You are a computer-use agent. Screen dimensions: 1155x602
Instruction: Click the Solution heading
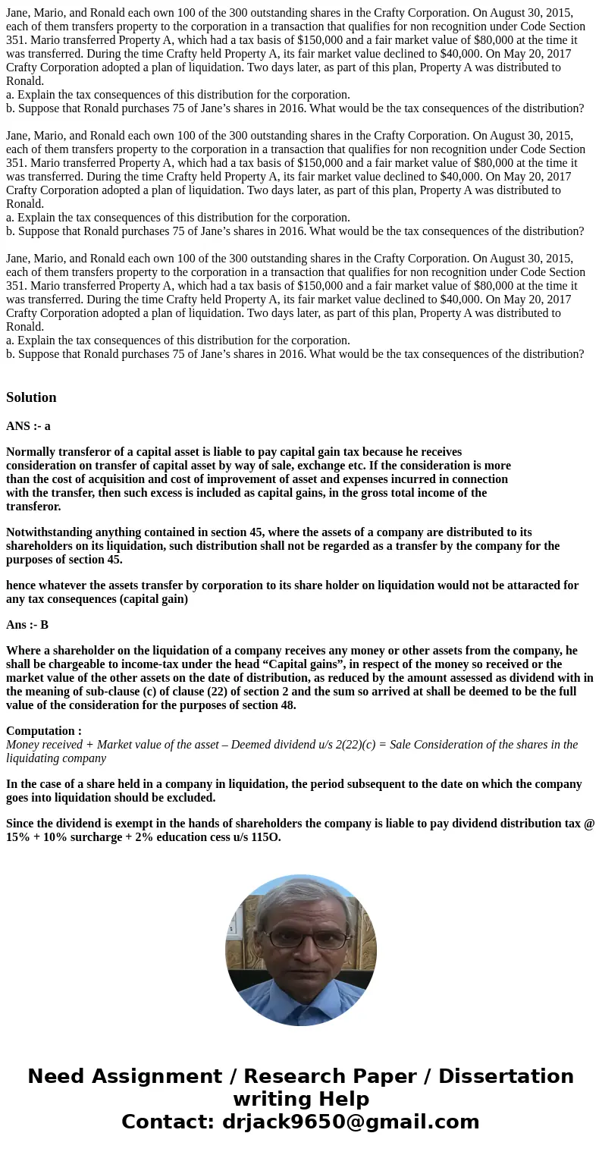(31, 397)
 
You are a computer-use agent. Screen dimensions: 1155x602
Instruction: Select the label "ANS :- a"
(28, 426)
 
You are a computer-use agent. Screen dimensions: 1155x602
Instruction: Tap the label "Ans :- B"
(27, 625)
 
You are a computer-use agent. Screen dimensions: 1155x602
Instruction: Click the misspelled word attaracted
(531, 585)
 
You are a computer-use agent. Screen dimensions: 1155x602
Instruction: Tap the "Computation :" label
(44, 731)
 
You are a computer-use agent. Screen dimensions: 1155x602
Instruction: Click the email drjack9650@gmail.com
(350, 1122)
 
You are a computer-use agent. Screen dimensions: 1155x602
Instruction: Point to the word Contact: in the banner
(168, 1122)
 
